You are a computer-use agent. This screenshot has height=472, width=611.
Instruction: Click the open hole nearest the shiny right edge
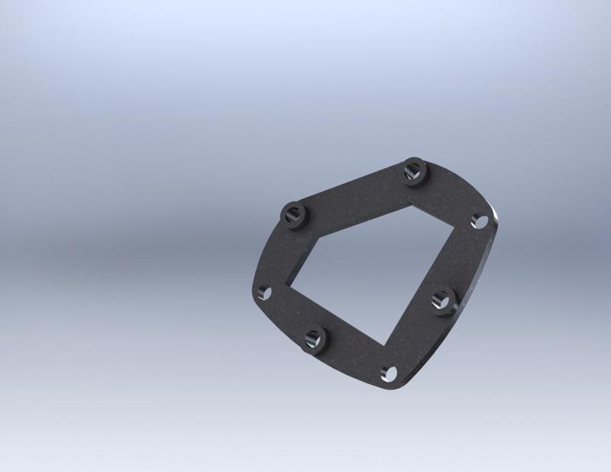pyautogui.click(x=480, y=221)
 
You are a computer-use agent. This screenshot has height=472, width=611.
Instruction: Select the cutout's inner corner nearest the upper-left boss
pyautogui.click(x=318, y=239)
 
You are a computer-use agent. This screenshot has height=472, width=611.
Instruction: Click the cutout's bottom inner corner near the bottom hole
pyautogui.click(x=381, y=343)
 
